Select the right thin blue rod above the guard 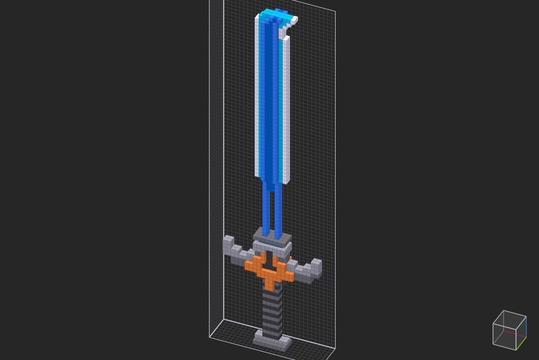click(x=278, y=211)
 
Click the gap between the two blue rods click(x=272, y=209)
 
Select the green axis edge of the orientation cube click(x=521, y=343)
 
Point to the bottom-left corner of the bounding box click(x=210, y=337)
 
